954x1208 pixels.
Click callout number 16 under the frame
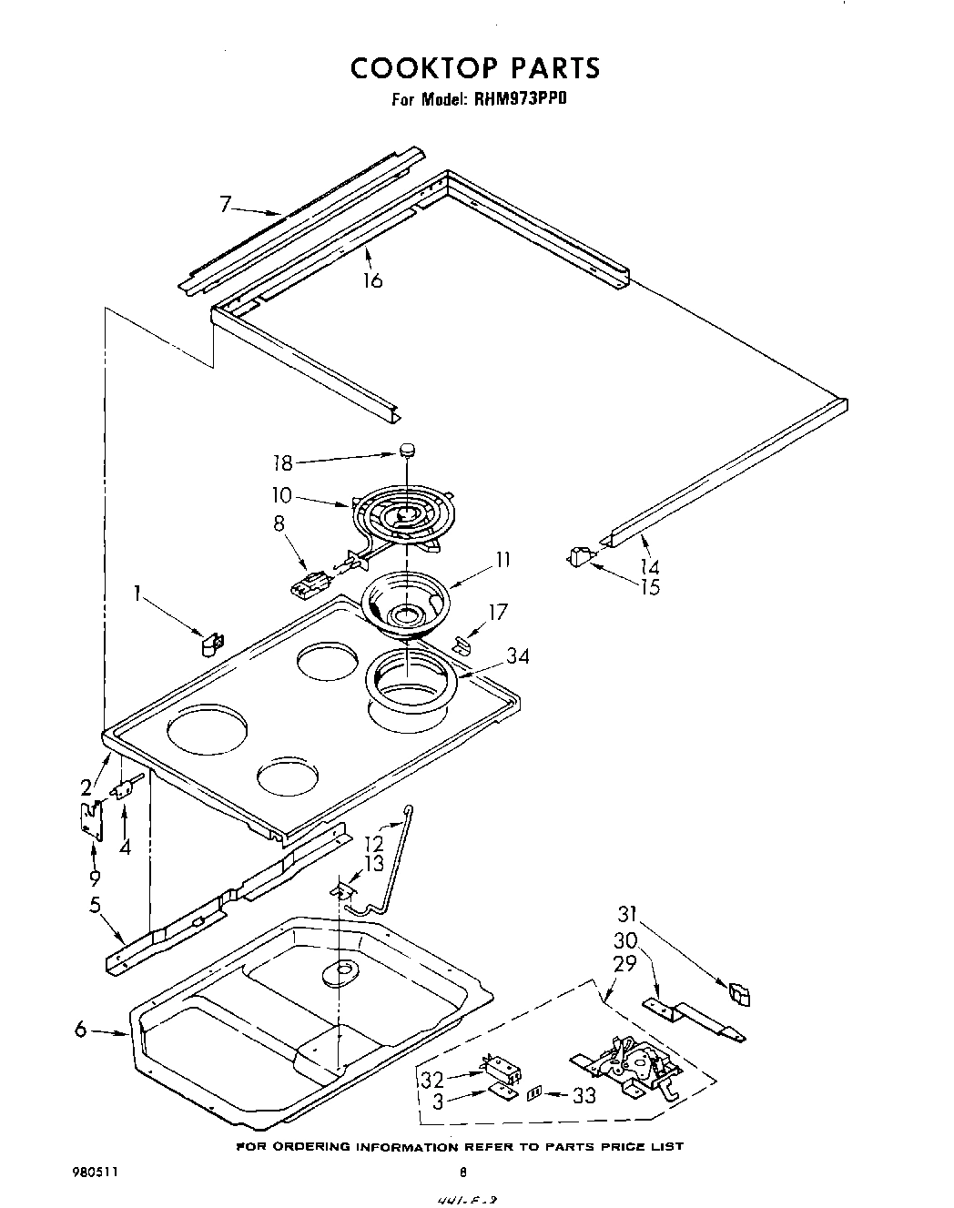[x=371, y=279]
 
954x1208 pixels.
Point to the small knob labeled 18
[x=407, y=449]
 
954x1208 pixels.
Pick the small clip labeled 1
[x=211, y=643]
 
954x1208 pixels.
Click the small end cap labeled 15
[x=577, y=556]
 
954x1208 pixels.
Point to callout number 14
[x=649, y=566]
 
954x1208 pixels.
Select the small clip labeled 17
[x=462, y=645]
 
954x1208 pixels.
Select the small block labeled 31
[x=738, y=994]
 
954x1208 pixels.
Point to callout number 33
[x=583, y=1095]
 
